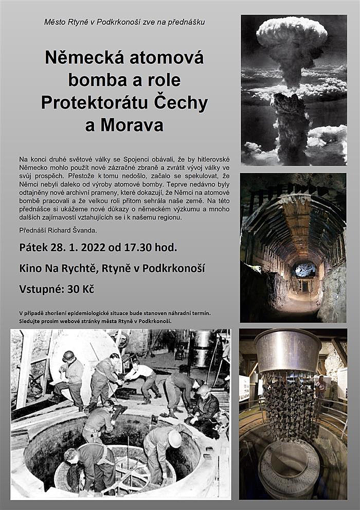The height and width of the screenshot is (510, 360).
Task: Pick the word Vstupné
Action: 40,289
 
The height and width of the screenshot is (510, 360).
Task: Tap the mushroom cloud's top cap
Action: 292,32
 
